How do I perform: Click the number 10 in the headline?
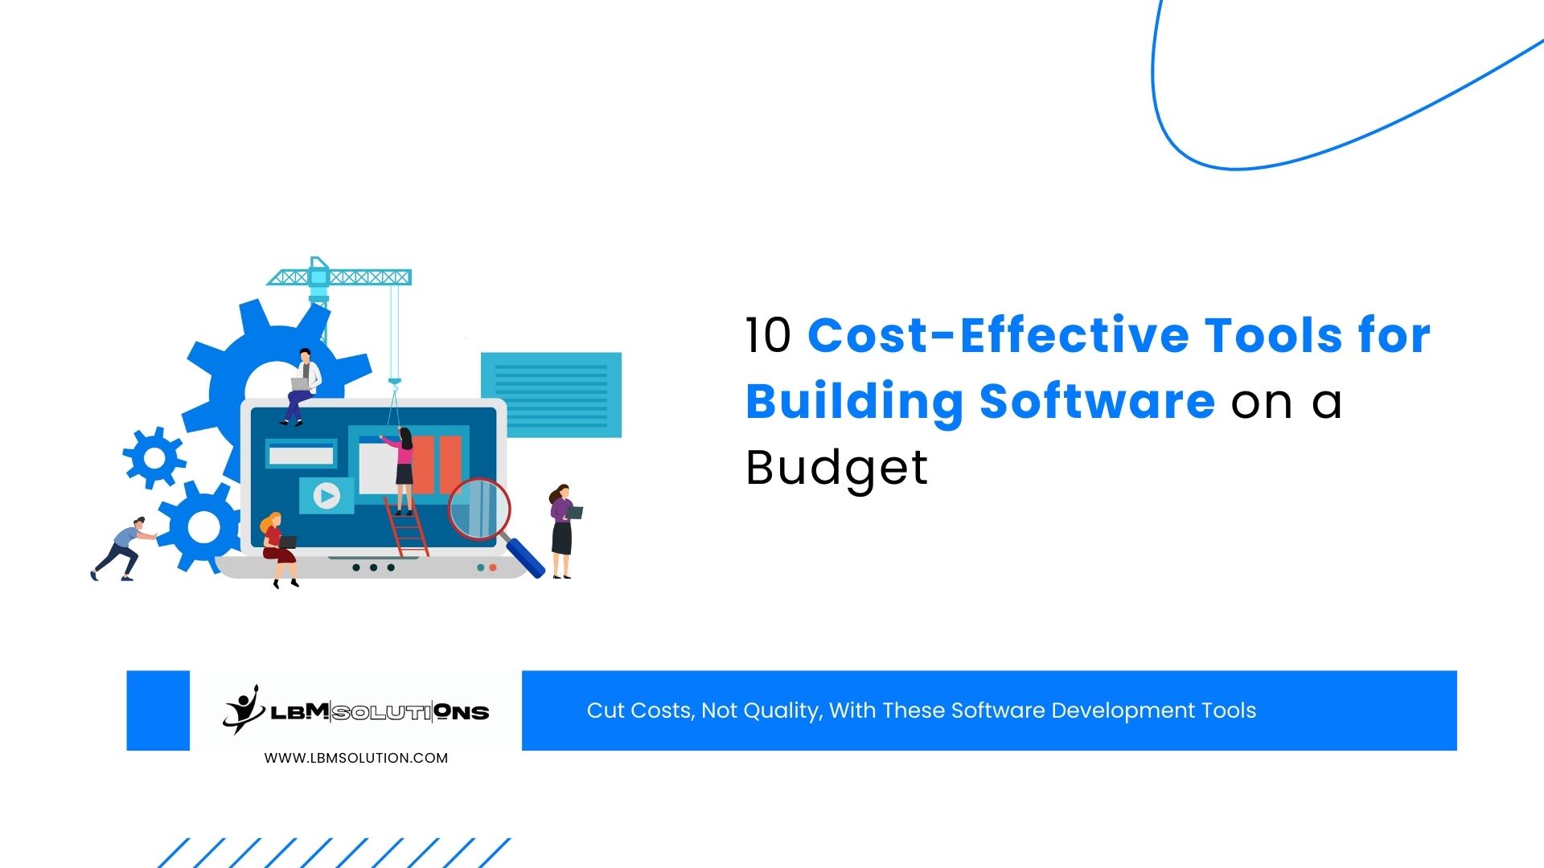click(768, 336)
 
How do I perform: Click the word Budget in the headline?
click(836, 468)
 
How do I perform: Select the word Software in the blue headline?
click(1097, 402)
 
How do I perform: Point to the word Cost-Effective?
click(997, 336)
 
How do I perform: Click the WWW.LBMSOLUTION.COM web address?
click(356, 758)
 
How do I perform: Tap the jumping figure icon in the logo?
click(243, 709)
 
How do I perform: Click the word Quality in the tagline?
click(784, 711)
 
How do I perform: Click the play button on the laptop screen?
click(326, 496)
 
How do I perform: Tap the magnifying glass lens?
click(479, 509)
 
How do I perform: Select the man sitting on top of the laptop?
click(301, 384)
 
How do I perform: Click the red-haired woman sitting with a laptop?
click(278, 547)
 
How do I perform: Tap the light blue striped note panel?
click(551, 395)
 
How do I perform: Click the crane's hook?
click(394, 385)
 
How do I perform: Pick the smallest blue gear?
click(154, 458)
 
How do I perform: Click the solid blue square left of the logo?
click(158, 710)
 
